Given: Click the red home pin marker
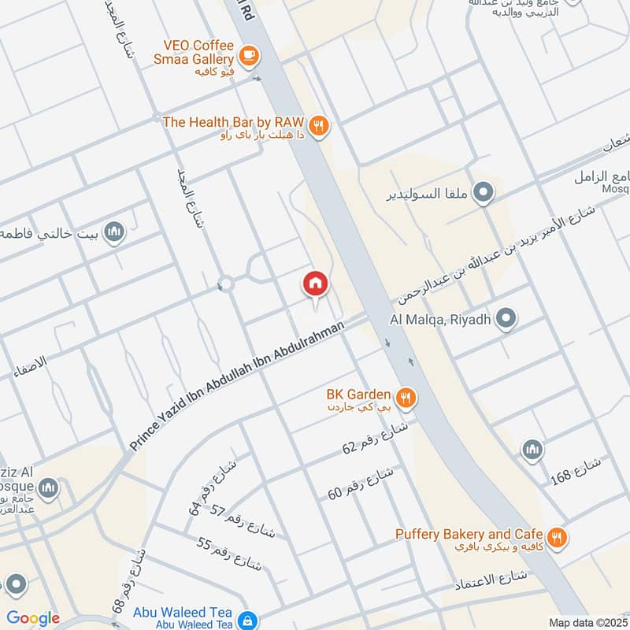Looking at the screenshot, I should point(315,284).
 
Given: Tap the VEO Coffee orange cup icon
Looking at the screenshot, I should point(249,55).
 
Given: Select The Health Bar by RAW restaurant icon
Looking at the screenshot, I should point(318,125).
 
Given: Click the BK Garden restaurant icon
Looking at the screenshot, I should point(406,398).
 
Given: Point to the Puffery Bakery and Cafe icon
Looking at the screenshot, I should point(558,538).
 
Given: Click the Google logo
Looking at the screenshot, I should point(32,618).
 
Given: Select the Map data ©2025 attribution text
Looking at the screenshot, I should point(587,622).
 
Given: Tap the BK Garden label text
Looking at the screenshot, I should point(358,394).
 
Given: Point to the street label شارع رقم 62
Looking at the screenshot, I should point(375,439).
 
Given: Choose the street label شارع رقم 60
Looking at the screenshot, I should point(360,483).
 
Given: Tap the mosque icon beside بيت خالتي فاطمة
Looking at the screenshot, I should point(115,232).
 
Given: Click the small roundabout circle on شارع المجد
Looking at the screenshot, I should point(226,283).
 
